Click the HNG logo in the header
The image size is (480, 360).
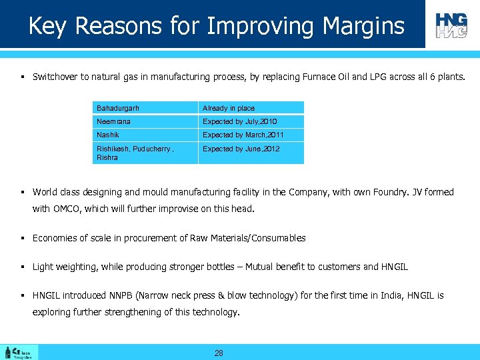click(451, 25)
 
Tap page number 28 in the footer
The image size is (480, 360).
click(219, 353)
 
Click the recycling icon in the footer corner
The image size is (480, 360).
click(20, 353)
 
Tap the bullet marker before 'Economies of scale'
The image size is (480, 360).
click(23, 238)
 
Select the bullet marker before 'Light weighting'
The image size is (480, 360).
click(23, 267)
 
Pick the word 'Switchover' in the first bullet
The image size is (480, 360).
click(55, 77)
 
